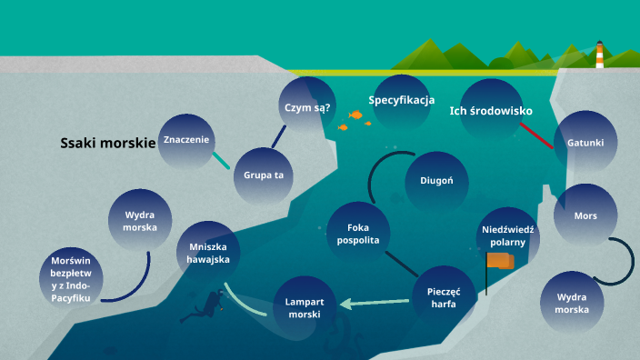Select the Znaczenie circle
coord(187,140)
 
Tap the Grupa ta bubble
coord(264,174)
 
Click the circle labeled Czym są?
coord(307,107)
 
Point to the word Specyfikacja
coord(402,100)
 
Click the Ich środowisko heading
coord(491,111)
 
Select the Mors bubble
coord(585,216)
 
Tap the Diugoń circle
coord(436,180)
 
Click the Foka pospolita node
coord(357,234)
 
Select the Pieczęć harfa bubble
coord(444,297)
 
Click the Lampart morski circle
coord(305,306)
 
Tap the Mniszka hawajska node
coord(209,252)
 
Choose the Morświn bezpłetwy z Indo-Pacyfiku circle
coord(72,278)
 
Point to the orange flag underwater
coord(499,261)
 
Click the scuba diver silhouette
coord(204,307)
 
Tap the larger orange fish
coord(356,115)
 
